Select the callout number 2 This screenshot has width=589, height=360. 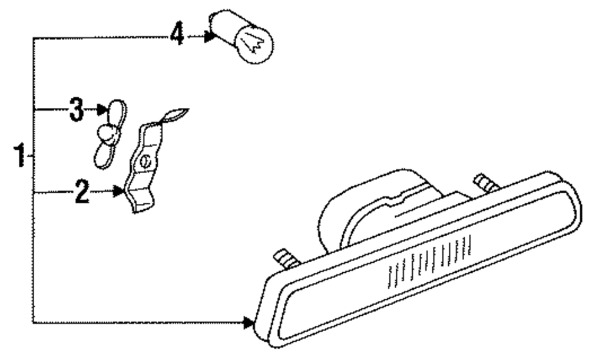point(82,192)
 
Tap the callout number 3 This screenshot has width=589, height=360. point(76,110)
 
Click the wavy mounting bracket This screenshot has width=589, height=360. point(143,168)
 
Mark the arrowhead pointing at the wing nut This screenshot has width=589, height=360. point(100,110)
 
